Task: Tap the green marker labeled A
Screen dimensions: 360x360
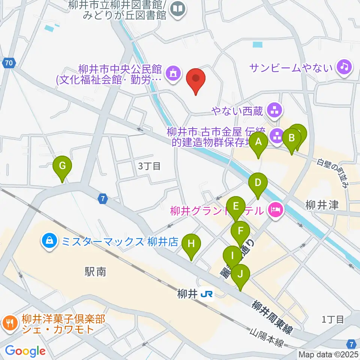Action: [258, 142]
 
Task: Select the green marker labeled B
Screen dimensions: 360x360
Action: [292, 138]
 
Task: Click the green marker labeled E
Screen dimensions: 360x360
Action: [236, 207]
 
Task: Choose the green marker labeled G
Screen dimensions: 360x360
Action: [62, 166]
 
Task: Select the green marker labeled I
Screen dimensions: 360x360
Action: [232, 257]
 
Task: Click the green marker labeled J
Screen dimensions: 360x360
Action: [241, 274]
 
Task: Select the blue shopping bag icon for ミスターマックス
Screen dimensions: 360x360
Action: [49, 240]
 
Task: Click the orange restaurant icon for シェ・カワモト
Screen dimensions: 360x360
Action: [9, 322]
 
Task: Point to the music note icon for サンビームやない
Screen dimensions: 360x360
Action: [343, 67]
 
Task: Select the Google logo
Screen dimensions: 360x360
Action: [25, 351]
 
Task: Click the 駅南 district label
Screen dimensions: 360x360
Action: [95, 272]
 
